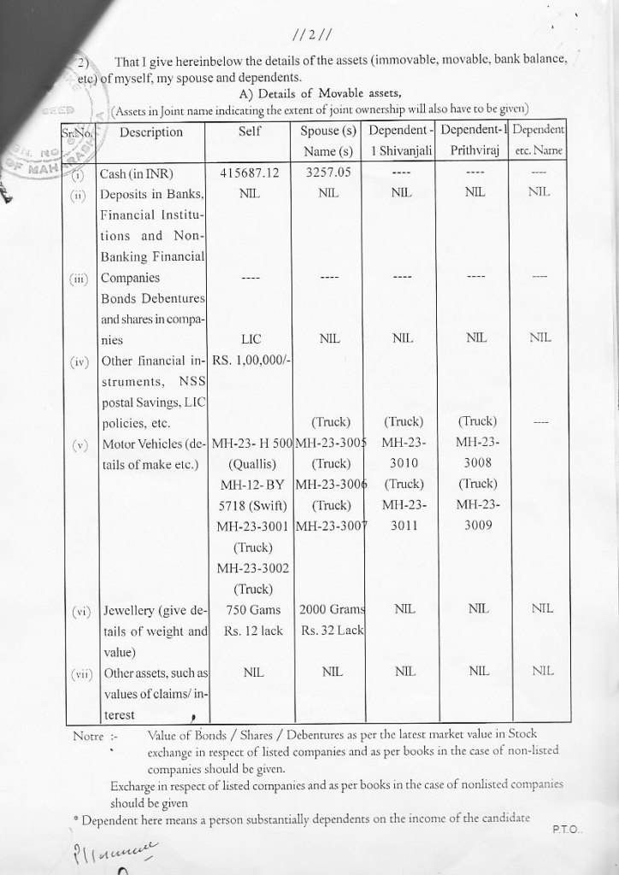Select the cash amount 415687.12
[x=250, y=173]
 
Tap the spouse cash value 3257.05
[x=327, y=173]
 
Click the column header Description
[x=151, y=132]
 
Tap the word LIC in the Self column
[x=251, y=339]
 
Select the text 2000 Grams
[x=332, y=610]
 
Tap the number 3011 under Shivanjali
[x=399, y=527]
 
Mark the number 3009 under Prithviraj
[x=478, y=527]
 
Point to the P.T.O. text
[x=564, y=829]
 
